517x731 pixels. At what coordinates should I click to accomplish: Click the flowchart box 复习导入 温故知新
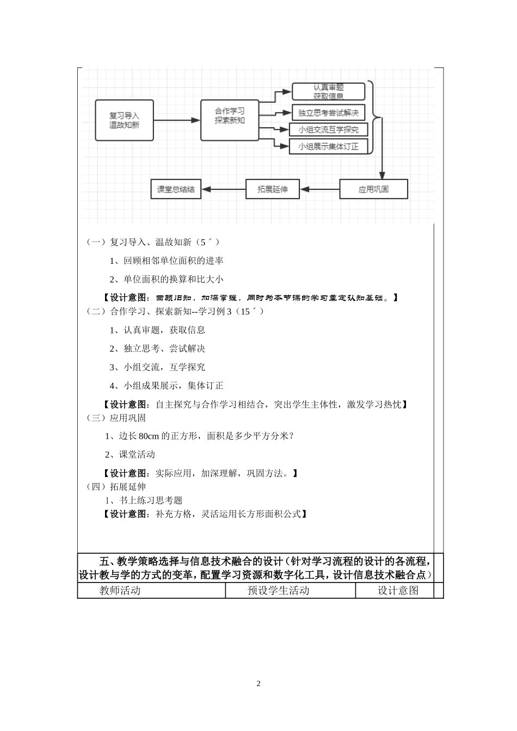click(x=124, y=120)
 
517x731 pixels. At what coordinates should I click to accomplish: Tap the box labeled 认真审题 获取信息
click(x=328, y=91)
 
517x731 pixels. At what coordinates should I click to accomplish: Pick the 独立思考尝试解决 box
click(x=328, y=113)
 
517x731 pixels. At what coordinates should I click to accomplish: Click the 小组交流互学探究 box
click(x=328, y=129)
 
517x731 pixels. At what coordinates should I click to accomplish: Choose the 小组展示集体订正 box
click(x=328, y=146)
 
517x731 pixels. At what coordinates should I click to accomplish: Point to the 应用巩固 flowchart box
click(x=373, y=189)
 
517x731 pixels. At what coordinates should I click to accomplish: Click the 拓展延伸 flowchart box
click(x=272, y=189)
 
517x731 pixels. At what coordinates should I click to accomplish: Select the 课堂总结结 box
click(x=176, y=189)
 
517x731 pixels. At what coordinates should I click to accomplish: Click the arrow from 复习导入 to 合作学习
click(x=177, y=120)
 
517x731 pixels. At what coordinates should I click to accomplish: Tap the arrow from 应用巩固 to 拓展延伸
click(x=320, y=189)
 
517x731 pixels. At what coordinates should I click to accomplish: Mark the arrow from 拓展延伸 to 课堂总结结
click(x=224, y=189)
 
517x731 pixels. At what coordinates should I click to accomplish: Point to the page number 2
click(x=258, y=684)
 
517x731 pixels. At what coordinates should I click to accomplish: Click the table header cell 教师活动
click(x=120, y=591)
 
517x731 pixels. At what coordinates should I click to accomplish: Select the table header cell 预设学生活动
click(x=278, y=591)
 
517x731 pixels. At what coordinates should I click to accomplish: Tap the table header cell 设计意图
click(x=398, y=591)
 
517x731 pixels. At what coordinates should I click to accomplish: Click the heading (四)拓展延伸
click(x=116, y=487)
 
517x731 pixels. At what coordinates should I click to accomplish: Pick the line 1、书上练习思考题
click(x=144, y=500)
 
